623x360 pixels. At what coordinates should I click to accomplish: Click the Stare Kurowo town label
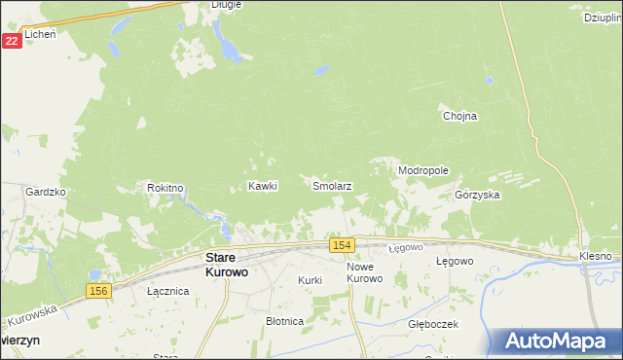coord(226,265)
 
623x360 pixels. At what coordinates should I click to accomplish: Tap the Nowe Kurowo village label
coord(366,271)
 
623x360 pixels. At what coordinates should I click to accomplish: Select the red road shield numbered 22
coord(12,40)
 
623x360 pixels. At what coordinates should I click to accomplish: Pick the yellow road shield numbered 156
coord(96,291)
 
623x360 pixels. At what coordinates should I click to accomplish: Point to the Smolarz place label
coord(331,185)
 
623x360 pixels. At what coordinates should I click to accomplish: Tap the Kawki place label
coord(263,185)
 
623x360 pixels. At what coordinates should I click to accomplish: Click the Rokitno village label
coord(165,187)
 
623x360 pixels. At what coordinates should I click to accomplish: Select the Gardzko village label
coord(45,192)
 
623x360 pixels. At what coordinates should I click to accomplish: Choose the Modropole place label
coord(422,170)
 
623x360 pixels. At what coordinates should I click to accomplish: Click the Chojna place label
coord(459,116)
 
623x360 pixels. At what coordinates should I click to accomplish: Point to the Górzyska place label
coord(477,195)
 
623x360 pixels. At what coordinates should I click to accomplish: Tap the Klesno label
coord(595,256)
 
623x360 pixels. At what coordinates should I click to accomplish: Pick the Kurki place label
coord(310,280)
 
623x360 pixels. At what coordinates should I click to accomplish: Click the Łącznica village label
coord(166,291)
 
